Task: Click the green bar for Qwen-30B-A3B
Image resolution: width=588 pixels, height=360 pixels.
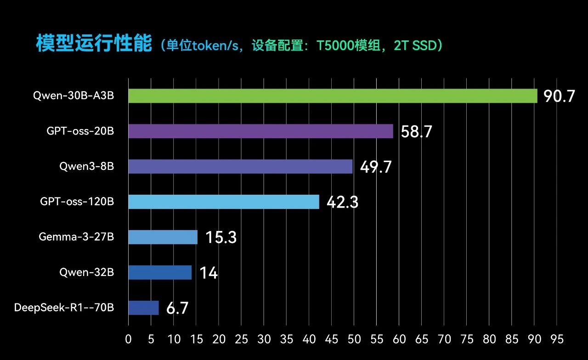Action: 333,96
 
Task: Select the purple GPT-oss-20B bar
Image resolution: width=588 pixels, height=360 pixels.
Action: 261,131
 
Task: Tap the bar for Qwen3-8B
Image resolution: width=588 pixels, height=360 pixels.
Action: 240,167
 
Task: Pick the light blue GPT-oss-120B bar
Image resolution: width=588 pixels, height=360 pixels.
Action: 224,202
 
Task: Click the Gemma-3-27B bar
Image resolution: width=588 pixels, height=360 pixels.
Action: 163,237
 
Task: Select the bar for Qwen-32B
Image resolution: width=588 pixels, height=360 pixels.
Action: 160,272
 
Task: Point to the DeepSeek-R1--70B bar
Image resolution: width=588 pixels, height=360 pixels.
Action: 144,308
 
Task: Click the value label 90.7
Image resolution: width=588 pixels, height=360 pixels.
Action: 559,96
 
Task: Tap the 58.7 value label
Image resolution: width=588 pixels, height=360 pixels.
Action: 416,131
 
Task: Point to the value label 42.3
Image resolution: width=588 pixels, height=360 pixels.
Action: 342,202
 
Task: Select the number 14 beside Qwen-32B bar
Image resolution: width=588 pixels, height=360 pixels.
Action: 209,273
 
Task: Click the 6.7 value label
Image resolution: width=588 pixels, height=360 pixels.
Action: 177,308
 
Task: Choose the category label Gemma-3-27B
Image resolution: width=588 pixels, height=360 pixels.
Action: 76,236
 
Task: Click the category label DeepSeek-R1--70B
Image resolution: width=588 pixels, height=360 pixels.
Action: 64,307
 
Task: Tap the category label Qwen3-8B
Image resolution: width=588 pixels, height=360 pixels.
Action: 87,166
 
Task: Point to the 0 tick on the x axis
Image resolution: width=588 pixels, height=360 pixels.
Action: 128,339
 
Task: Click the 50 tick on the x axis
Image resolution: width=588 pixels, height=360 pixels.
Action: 354,339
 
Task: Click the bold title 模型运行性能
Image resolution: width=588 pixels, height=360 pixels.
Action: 94,43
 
